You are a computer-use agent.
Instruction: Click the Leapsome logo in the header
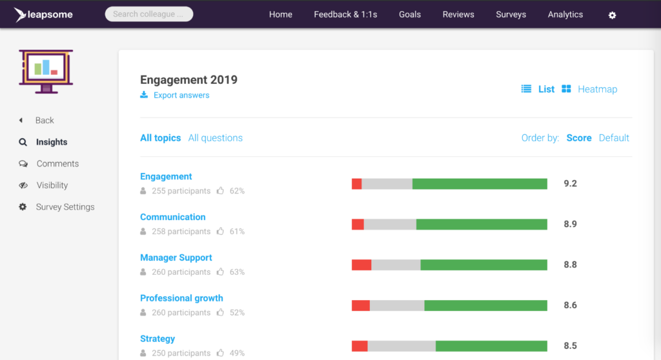[43, 14]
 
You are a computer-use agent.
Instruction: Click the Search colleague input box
[148, 14]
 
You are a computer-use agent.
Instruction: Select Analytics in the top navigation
[565, 14]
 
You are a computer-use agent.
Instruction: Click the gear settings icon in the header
[612, 15]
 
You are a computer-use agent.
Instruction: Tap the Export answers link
[181, 95]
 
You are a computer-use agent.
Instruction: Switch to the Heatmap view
[597, 89]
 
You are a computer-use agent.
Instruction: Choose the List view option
[546, 89]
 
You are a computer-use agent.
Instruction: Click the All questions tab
[215, 137]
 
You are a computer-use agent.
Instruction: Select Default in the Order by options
[613, 137]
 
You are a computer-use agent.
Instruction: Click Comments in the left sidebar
[57, 164]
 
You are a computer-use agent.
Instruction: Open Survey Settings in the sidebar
[65, 207]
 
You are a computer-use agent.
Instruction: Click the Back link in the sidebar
[45, 121]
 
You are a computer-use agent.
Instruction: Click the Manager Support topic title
[176, 257]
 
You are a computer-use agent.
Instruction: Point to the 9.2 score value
[570, 184]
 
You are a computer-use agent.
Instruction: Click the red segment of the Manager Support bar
[361, 265]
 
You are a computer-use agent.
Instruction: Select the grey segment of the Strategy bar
[402, 346]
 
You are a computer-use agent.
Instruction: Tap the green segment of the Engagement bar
[480, 184]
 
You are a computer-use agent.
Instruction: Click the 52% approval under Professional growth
[236, 313]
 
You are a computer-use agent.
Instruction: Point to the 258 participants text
[181, 232]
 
